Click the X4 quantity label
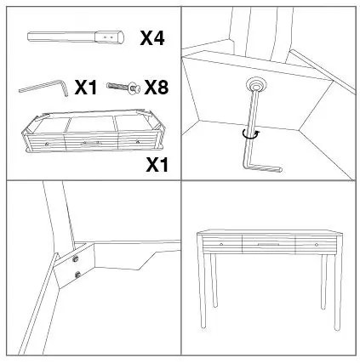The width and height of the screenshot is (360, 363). pos(152,38)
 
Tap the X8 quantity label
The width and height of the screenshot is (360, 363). pos(157,87)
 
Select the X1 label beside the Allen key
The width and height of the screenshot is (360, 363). pos(86,88)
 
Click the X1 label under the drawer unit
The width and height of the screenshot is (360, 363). pos(157,165)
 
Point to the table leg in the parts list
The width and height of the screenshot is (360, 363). pos(76,37)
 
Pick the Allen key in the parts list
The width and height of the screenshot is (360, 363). pos(43,88)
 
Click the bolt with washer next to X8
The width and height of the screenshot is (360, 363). pos(123,87)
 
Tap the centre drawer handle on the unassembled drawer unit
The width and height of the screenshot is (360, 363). pos(91,143)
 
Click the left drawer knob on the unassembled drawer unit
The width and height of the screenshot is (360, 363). pos(47,144)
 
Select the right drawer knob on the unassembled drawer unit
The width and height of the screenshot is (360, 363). pos(138,141)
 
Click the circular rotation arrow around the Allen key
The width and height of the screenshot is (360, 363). pos(251,134)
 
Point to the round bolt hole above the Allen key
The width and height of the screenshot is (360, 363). pos(256,84)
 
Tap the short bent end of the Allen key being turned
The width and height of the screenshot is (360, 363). pos(264,168)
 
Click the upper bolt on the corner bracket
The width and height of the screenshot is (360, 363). pos(76,258)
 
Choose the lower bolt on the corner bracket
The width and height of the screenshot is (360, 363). pos(77,275)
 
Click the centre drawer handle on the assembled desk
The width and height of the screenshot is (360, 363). pos(268,244)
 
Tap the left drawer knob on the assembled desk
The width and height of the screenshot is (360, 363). pos(221,244)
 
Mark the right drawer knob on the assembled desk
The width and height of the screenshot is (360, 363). pos(317,244)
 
